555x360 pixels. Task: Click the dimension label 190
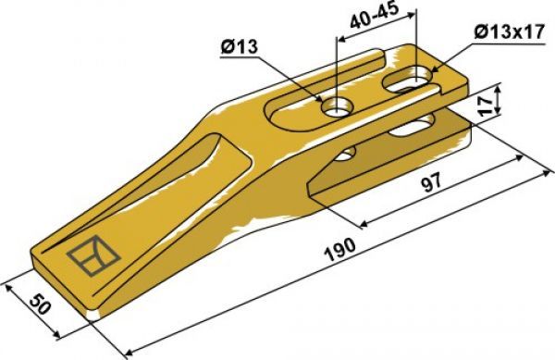339,249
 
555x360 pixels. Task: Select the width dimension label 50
38,304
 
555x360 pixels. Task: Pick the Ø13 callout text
240,47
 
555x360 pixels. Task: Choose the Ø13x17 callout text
509,32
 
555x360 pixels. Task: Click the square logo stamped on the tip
93,255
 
